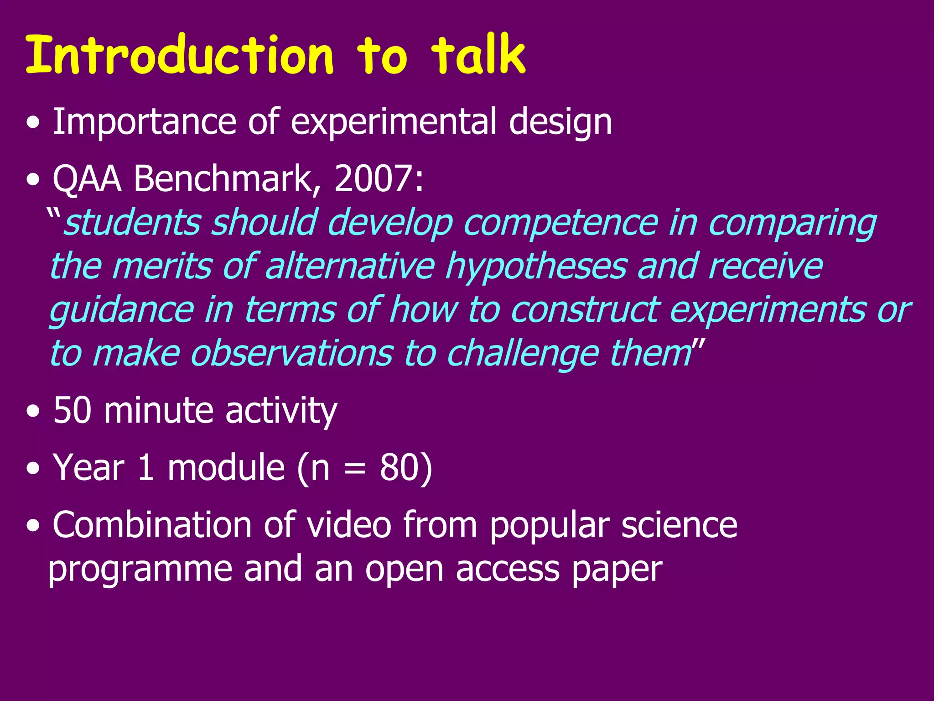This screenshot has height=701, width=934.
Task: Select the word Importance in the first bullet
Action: click(144, 122)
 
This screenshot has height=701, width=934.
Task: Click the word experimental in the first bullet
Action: click(393, 122)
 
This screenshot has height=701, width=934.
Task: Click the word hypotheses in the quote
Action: click(536, 267)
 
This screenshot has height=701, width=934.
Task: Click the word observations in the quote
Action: click(292, 353)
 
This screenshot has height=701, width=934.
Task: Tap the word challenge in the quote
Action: click(522, 354)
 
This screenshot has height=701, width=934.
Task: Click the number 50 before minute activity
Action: click(72, 410)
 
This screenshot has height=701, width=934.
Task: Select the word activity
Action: click(281, 411)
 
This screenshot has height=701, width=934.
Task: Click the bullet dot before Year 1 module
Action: click(33, 469)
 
